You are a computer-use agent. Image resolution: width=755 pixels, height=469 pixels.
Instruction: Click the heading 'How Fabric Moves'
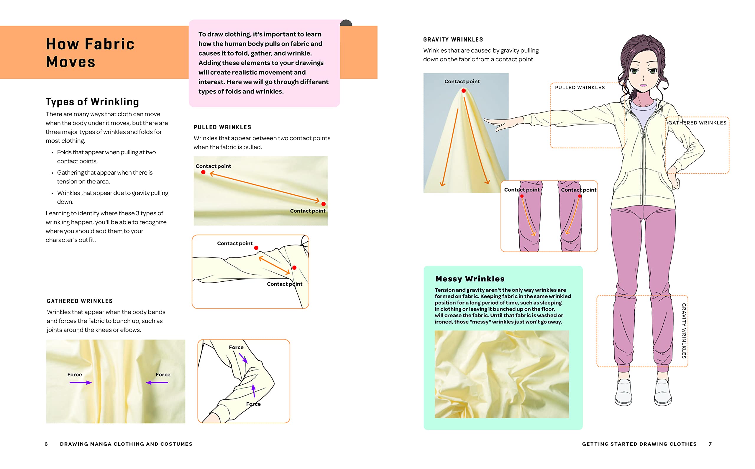[90, 53]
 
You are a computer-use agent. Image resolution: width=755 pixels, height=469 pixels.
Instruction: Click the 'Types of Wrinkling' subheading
[92, 102]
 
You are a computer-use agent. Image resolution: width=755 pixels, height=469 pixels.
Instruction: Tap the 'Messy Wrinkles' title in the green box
[470, 279]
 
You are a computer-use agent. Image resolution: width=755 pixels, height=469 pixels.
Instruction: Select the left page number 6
[46, 444]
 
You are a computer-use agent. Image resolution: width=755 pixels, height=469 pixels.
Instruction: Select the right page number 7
[710, 444]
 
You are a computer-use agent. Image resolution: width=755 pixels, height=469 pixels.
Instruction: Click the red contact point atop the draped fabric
[463, 91]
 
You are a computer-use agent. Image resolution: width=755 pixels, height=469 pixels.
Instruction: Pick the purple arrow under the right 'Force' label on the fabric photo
[157, 383]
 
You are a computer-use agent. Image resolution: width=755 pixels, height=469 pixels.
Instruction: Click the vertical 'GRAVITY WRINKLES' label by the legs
[684, 331]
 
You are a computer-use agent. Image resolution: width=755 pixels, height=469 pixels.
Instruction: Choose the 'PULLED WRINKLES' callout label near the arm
[580, 88]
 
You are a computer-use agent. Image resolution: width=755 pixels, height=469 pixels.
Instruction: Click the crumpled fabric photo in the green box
[501, 374]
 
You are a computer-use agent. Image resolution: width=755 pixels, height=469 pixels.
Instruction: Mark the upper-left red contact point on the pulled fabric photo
[203, 172]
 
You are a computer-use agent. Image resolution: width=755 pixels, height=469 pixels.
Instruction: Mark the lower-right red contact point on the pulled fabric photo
[324, 204]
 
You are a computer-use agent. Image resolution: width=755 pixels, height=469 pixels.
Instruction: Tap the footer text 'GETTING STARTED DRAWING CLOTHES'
[639, 444]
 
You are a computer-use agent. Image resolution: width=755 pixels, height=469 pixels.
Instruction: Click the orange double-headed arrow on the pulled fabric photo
[265, 187]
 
